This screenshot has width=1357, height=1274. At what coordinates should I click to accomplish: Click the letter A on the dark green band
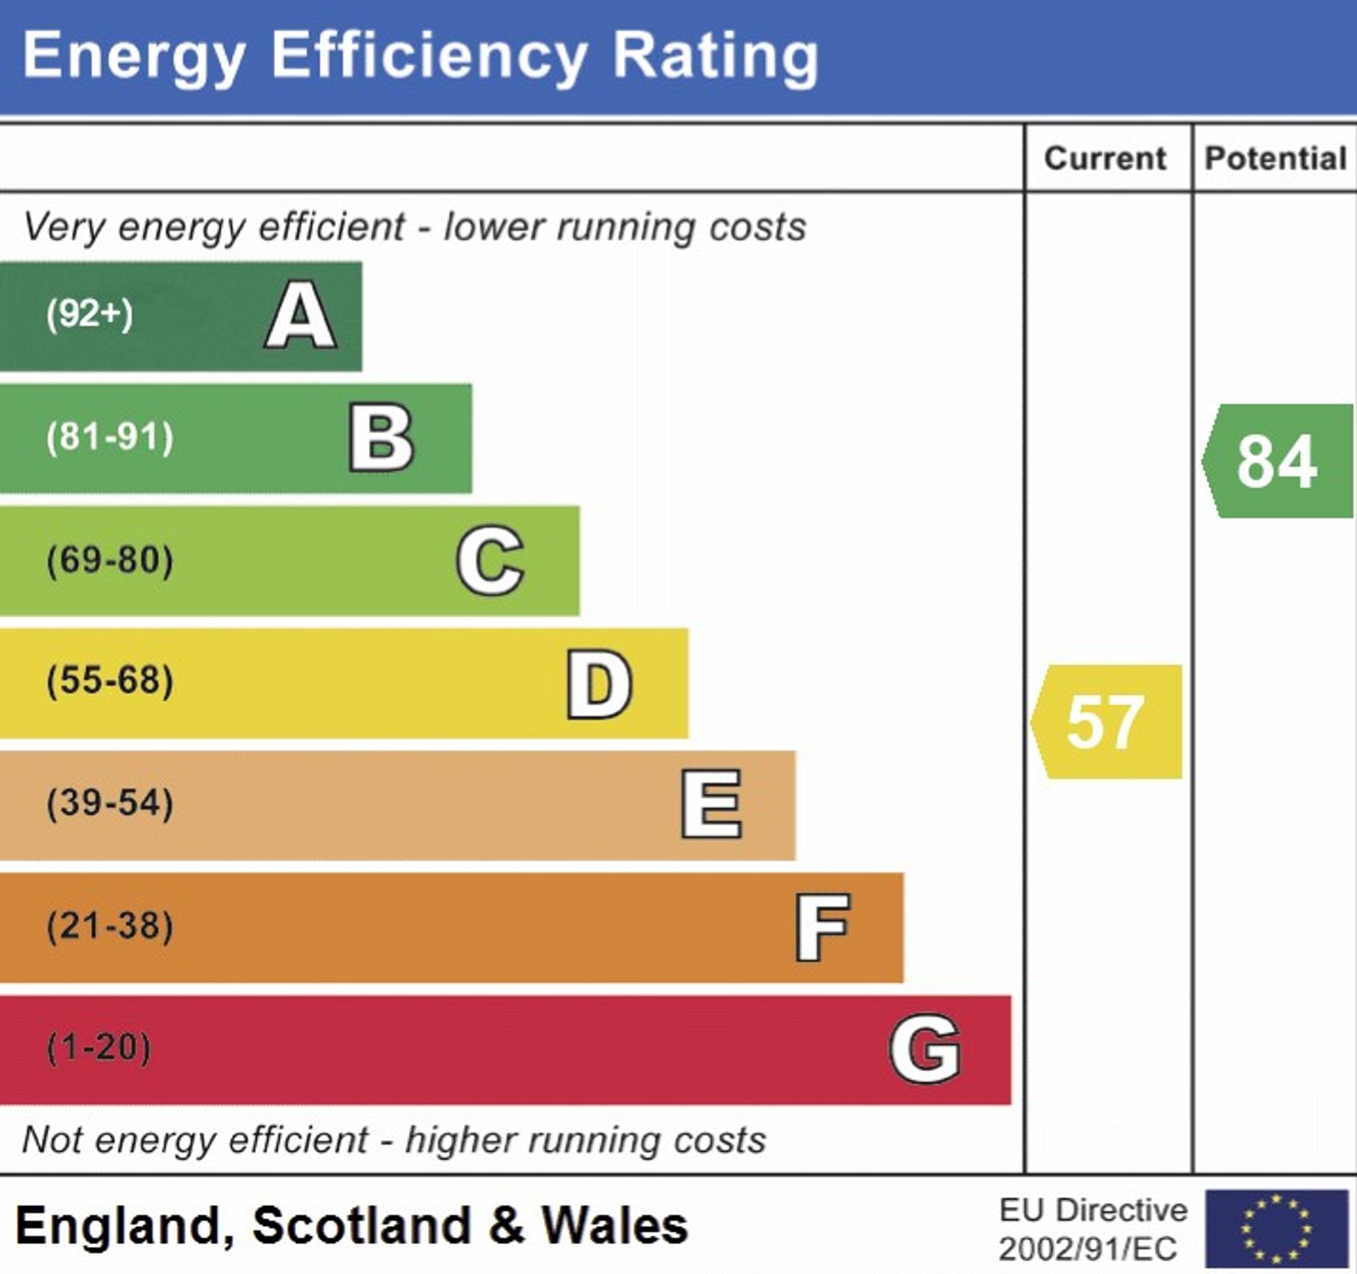301,316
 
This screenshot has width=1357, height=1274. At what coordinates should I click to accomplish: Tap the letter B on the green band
381,438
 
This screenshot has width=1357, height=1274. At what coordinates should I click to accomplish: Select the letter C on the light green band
490,561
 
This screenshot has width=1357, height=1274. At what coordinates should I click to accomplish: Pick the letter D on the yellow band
599,683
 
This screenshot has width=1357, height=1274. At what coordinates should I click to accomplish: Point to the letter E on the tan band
711,804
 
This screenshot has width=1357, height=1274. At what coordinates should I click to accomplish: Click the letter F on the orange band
822,927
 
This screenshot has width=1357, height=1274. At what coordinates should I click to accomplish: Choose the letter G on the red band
925,1049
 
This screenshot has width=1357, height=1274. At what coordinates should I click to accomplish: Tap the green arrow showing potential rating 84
1278,462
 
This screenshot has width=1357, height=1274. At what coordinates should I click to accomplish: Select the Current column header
1105,159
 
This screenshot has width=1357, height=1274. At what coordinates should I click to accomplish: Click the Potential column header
1275,159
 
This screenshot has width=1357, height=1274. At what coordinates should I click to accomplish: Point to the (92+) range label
90,315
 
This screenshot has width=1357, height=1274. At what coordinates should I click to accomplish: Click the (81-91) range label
110,437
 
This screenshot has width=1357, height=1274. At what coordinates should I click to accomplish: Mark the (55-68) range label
110,681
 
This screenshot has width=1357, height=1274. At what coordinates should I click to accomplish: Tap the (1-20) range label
99,1047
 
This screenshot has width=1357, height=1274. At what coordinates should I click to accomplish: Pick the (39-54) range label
110,803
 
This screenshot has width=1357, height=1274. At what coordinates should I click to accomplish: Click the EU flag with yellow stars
1276,1229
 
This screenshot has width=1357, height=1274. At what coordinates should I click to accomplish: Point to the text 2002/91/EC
1088,1250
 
